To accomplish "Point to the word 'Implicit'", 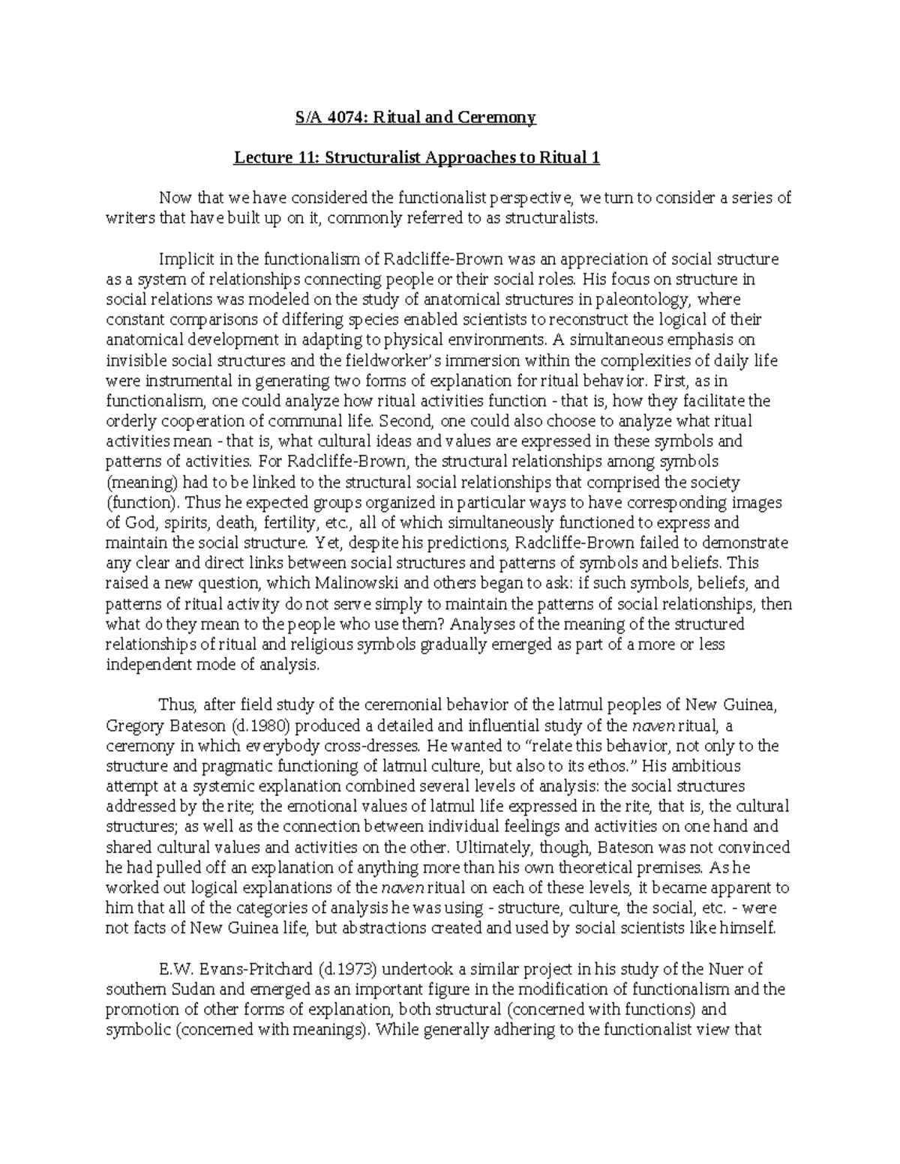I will coord(183,259).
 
